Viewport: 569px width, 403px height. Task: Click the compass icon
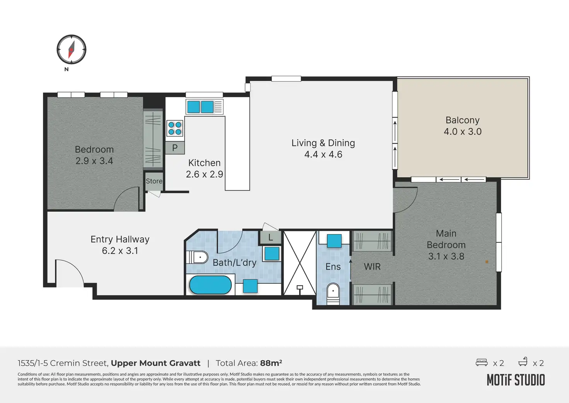click(x=72, y=49)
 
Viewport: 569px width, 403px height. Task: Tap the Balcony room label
click(x=462, y=120)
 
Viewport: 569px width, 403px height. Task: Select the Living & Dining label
click(x=323, y=143)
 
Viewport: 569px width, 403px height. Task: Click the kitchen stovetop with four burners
click(x=175, y=128)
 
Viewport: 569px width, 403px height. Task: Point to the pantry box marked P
click(x=175, y=148)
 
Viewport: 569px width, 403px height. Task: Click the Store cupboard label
click(x=154, y=181)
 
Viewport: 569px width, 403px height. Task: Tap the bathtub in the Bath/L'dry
click(x=210, y=285)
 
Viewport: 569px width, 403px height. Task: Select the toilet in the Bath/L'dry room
click(x=197, y=257)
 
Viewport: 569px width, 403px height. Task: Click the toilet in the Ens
click(x=333, y=294)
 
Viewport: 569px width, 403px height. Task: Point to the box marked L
click(x=271, y=238)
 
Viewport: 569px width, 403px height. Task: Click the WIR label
click(x=372, y=267)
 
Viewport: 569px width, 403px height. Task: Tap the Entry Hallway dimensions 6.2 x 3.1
click(x=120, y=251)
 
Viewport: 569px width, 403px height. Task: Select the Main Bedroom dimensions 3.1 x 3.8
click(x=446, y=256)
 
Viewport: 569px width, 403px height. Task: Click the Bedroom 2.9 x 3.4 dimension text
click(x=94, y=161)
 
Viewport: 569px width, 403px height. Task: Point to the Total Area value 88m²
click(x=271, y=363)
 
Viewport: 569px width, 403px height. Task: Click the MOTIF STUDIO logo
click(x=516, y=380)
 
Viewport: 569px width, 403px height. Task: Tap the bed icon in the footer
click(x=482, y=362)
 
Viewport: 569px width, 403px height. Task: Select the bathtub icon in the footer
click(x=523, y=362)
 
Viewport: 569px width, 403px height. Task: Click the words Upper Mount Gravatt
click(x=155, y=363)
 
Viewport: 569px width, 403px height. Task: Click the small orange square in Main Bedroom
click(x=487, y=262)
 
